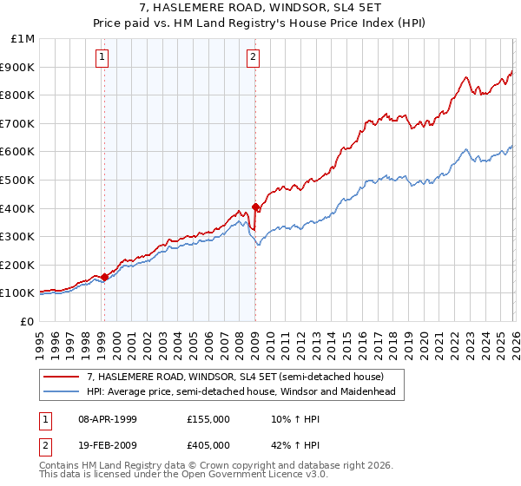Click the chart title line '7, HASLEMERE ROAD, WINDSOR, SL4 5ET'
(260, 9)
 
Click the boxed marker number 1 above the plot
(102, 58)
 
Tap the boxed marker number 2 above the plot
(253, 58)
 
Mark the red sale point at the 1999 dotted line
(104, 278)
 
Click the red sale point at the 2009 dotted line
(255, 207)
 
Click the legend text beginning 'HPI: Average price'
(241, 391)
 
